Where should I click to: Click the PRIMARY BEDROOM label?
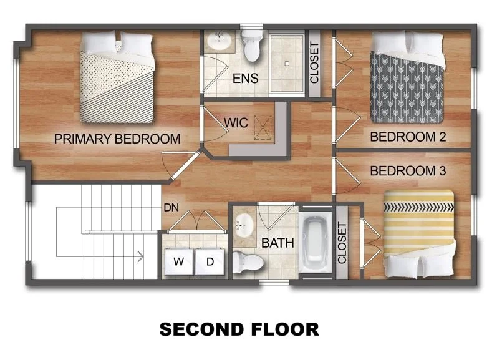pyautogui.click(x=117, y=139)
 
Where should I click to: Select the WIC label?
pyautogui.click(x=236, y=123)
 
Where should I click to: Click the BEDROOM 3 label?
pyautogui.click(x=408, y=170)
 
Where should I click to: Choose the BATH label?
pyautogui.click(x=277, y=243)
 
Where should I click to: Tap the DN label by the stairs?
pyautogui.click(x=171, y=208)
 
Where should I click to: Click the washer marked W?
pyautogui.click(x=178, y=261)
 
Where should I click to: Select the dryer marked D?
pyautogui.click(x=210, y=261)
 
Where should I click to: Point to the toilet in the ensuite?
pyautogui.click(x=252, y=47)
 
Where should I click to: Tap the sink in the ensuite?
pyautogui.click(x=219, y=42)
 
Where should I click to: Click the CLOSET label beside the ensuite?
pyautogui.click(x=314, y=62)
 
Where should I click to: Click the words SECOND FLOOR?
pyautogui.click(x=239, y=328)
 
